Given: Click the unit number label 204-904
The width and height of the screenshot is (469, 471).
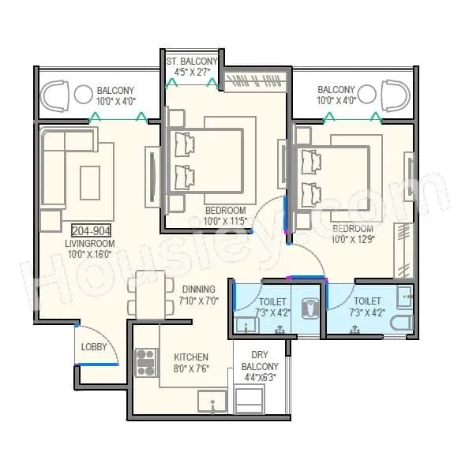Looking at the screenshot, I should (x=91, y=230).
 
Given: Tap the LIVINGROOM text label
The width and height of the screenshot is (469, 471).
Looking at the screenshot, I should (x=90, y=244).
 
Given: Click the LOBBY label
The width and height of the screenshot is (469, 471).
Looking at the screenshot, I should (x=92, y=347).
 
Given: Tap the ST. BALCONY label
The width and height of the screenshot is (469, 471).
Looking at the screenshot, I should (x=187, y=60).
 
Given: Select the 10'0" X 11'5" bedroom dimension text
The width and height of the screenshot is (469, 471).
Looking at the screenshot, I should (x=225, y=221).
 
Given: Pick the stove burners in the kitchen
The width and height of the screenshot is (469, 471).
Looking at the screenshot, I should (x=145, y=363).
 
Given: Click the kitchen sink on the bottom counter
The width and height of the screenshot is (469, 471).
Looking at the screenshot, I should (x=213, y=405).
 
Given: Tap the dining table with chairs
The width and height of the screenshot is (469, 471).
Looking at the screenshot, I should (x=151, y=295).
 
